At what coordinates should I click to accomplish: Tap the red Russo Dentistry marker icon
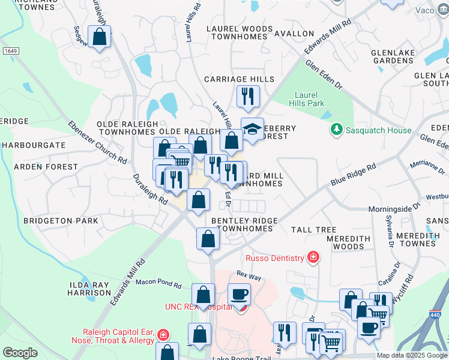coord(313,258)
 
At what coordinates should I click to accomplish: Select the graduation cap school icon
coord(253,129)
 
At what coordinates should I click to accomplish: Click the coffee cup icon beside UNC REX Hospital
coord(239,295)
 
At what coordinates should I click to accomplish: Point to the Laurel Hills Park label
coord(310,99)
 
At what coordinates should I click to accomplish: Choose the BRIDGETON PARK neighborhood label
coord(61,221)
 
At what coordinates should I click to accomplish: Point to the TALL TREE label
coord(313,230)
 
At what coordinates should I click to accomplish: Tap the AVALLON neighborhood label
coord(294,34)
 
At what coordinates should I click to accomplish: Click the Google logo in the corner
coord(20,353)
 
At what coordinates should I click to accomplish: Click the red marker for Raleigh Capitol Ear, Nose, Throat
coord(164,335)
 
